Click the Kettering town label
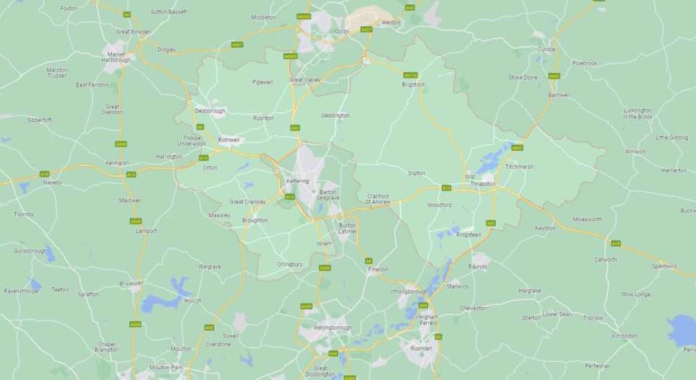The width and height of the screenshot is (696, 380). pos(298,181)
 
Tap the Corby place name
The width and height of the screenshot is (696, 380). pos(342,31)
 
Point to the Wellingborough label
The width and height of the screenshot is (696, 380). pos(332,328)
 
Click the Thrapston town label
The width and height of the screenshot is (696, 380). pos(483,184)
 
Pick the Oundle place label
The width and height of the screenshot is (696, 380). pos(546,49)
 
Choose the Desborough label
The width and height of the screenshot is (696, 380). pos(209,110)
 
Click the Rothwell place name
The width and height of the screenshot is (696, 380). pos(229,140)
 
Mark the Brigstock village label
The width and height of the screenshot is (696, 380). pos(413,84)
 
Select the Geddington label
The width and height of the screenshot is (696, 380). pos(335,115)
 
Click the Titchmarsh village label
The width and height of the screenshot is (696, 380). pos(519,167)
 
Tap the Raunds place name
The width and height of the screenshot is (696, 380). pos(477,266)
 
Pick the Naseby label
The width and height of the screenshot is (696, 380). pos(52,183)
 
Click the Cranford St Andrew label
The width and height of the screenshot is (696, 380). pos(377,198)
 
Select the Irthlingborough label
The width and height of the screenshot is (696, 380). pos(408,291)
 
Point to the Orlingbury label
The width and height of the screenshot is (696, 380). pos(290,264)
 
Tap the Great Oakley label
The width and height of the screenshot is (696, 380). pos(304,80)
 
